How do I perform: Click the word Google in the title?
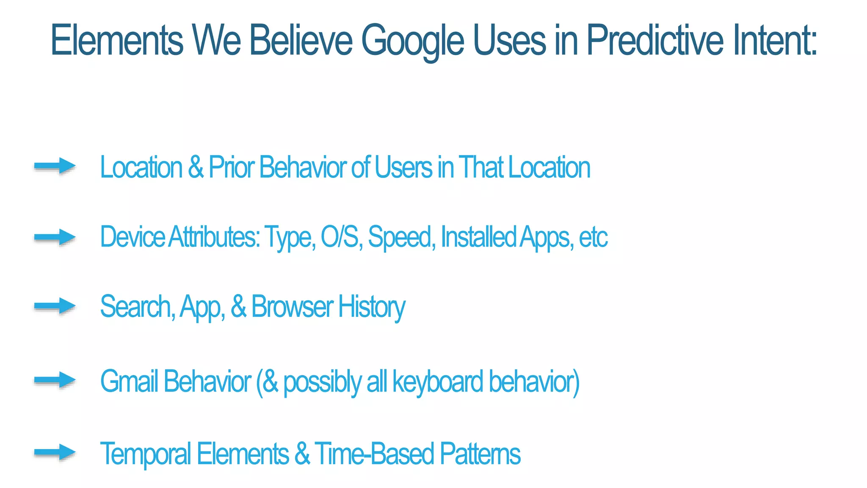point(412,41)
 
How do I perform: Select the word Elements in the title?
point(117,40)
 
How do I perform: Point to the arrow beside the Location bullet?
point(55,166)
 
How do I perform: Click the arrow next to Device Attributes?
point(55,237)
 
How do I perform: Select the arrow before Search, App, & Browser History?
point(55,306)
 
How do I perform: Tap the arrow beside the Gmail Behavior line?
point(55,380)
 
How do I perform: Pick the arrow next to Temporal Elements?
point(55,452)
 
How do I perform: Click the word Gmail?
point(129,381)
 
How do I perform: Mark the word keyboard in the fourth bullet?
point(438,381)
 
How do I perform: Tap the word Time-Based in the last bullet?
point(374,454)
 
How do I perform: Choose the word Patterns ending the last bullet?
point(480,454)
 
